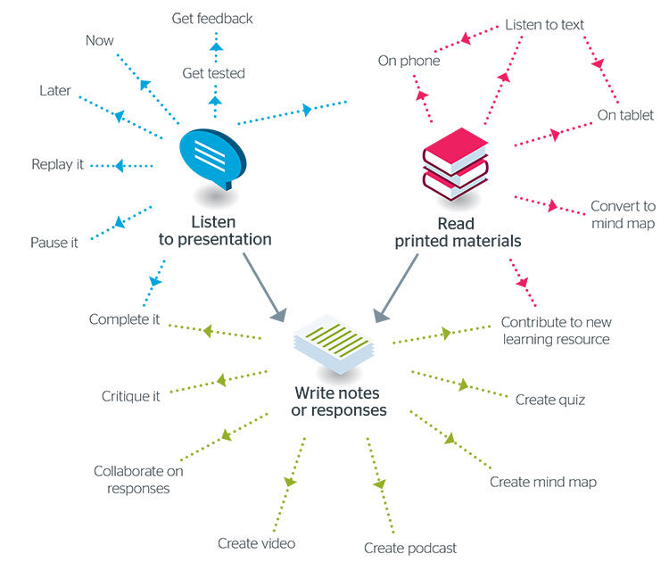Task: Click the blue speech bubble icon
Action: pos(212,158)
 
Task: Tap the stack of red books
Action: pos(454,168)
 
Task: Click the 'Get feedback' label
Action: pos(212,18)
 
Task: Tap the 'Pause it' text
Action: pos(54,242)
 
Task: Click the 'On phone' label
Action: pos(408,62)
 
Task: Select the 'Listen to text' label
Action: pos(544,24)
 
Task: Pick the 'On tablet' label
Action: pos(625,116)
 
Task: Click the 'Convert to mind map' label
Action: pos(623,215)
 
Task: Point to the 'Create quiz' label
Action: pos(550,400)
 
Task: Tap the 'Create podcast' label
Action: pos(409,547)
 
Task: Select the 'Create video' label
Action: pos(256,543)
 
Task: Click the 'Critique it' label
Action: pos(130,396)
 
